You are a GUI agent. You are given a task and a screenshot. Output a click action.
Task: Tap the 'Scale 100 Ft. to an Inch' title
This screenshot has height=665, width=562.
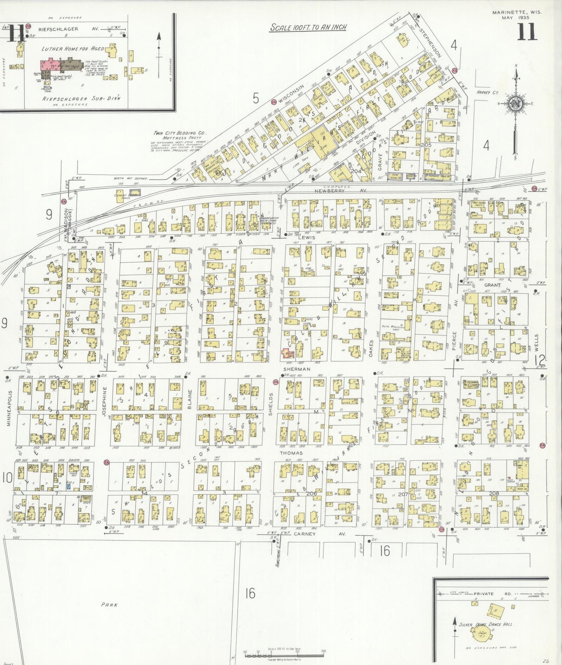point(308,28)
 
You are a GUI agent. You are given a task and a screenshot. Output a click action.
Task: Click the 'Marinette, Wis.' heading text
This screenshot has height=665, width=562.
point(516,12)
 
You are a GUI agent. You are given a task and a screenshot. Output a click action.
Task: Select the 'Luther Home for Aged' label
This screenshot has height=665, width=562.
point(73,49)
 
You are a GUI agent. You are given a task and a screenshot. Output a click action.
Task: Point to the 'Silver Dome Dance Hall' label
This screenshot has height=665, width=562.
point(486,625)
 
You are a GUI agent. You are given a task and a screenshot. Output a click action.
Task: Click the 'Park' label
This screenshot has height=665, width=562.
point(109,605)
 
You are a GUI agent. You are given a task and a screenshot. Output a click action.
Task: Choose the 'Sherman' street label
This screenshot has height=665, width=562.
point(297,369)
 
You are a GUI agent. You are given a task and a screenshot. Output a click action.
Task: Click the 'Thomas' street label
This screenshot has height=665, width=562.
point(291,453)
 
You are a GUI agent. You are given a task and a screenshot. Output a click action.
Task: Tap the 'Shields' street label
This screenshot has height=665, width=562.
point(271,404)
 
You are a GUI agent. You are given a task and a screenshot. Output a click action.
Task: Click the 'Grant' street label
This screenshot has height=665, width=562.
point(492,285)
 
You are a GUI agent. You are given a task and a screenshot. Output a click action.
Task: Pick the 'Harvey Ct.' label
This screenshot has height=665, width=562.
point(487,93)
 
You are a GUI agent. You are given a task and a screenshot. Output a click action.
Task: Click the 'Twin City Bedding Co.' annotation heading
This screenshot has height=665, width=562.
point(180,133)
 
